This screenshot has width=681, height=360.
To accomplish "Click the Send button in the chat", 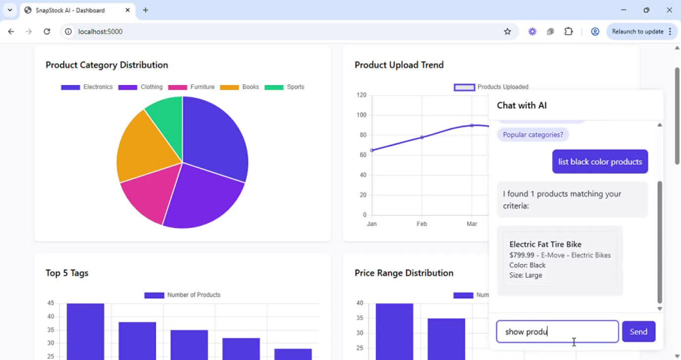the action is point(639,332).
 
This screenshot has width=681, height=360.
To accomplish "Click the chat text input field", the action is point(557,332).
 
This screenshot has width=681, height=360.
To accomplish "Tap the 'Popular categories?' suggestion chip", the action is point(533,135).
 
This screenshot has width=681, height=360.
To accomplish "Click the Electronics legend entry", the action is point(87,87).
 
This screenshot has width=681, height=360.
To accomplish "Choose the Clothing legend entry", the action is point(140,87).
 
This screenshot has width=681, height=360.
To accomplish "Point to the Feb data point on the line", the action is point(422,137).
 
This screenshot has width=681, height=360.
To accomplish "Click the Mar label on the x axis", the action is point(472,224).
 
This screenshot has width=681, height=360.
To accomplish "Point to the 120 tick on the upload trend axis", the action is point(362,95).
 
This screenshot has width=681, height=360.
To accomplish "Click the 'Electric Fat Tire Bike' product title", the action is point(545,244).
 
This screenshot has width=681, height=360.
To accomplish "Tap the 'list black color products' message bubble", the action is point(600,161).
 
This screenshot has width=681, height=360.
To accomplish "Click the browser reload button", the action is point(47,31).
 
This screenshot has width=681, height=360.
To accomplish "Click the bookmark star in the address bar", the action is point(507,31).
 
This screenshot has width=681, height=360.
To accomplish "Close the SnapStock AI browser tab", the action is point(127,10).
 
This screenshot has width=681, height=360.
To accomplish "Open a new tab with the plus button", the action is point(146,10).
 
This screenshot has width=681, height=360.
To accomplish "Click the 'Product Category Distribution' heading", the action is point(107,65).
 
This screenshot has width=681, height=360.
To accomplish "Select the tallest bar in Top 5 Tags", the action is point(85,331).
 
